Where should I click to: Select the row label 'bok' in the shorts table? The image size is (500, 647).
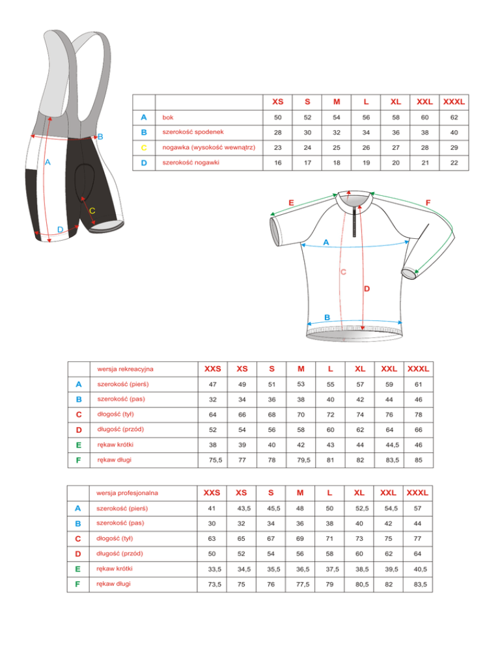(x=168, y=117)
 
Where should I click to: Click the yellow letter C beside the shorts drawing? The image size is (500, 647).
(x=92, y=210)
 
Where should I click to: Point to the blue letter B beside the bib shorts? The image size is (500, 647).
(x=100, y=136)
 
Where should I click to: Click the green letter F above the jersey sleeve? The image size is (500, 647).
(x=428, y=202)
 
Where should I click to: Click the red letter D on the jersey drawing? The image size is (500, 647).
(x=367, y=287)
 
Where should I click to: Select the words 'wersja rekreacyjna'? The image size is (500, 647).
(x=125, y=369)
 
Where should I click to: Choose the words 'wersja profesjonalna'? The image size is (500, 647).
(x=128, y=492)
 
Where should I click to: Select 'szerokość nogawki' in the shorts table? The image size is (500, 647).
(x=192, y=162)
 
